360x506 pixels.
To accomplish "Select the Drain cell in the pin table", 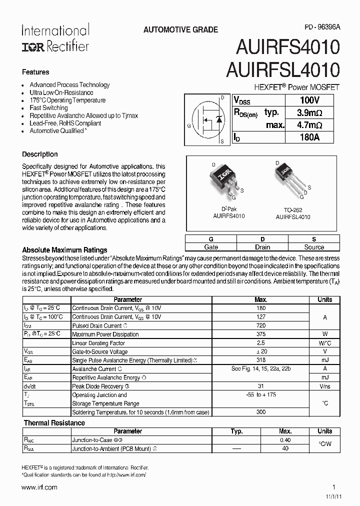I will (x=262, y=247).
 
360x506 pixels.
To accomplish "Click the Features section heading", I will (x=35, y=72).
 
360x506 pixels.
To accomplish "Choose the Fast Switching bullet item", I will (x=48, y=107).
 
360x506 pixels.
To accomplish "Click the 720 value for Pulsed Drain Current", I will (x=261, y=325).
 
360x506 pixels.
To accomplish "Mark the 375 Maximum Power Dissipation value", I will (x=261, y=334).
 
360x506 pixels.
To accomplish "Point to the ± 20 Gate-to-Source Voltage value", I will (x=261, y=351).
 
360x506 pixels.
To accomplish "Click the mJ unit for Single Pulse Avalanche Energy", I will (x=324, y=360).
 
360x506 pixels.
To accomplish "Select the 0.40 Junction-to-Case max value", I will (x=285, y=440).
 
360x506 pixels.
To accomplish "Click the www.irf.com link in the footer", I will (x=39, y=487).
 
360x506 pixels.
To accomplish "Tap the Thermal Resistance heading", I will (x=54, y=422).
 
